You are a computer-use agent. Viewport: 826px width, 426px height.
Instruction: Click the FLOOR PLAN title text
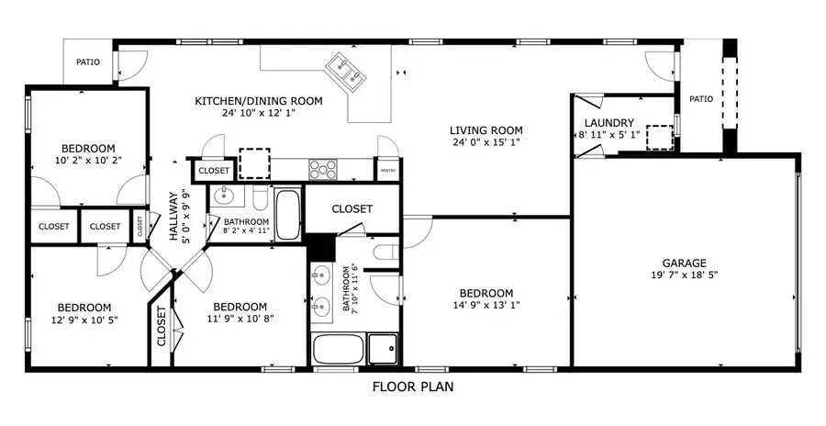point(412,387)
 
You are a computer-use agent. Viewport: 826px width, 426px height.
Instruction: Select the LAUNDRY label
point(608,123)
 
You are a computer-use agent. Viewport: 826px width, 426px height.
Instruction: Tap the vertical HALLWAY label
point(173,216)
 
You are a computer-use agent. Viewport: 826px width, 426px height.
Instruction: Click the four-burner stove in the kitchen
point(322,169)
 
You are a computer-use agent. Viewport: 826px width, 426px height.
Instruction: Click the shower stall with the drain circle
point(384,349)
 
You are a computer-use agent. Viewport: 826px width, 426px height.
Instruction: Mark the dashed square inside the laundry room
point(659,137)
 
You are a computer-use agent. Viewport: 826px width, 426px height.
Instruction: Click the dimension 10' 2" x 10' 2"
point(88,162)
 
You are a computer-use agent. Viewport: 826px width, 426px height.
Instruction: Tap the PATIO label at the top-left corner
point(88,62)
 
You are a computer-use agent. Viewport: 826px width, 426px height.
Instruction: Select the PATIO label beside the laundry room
point(701,99)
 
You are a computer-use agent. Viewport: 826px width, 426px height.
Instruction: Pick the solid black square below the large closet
point(321,247)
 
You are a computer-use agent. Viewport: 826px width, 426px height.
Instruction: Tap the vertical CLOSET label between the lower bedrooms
point(162,325)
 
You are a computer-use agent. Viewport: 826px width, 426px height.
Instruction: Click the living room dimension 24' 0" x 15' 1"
point(486,142)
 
